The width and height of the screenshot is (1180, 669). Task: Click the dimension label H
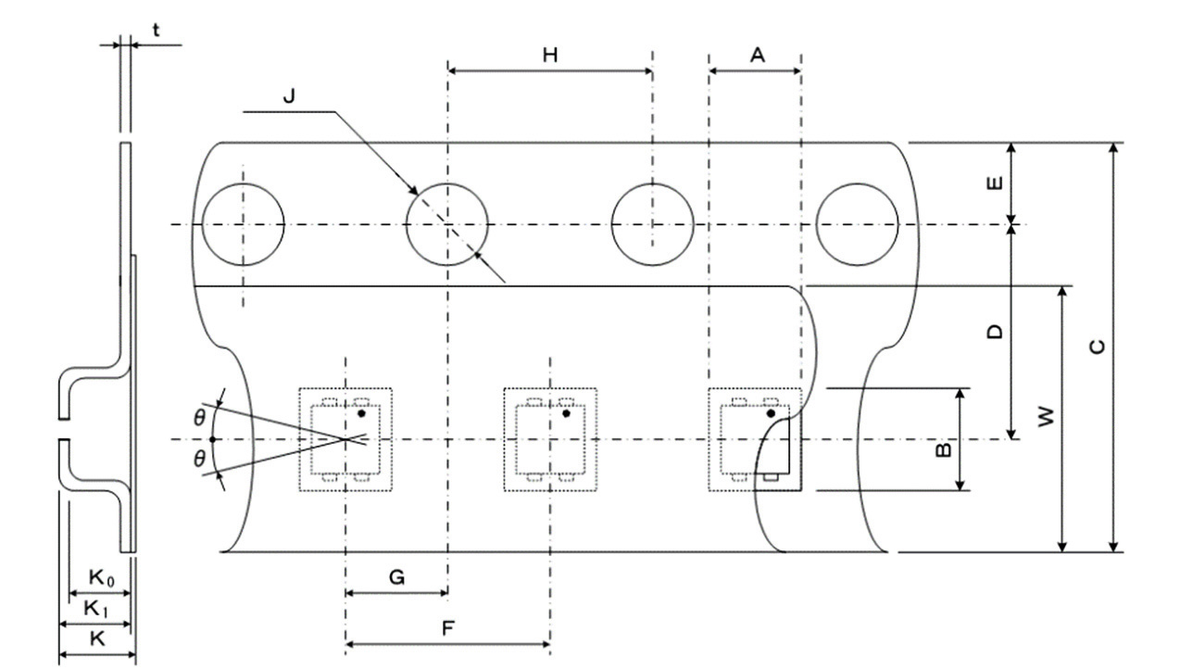click(x=550, y=56)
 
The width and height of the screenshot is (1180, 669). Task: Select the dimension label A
click(x=757, y=56)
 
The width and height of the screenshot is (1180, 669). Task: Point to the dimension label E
click(x=994, y=183)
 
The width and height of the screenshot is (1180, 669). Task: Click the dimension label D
click(x=994, y=331)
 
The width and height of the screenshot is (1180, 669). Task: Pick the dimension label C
click(x=1096, y=347)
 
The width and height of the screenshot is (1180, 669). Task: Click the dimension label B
click(x=942, y=449)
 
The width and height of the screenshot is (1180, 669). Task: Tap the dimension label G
click(x=396, y=577)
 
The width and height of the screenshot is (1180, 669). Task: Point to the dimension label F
click(x=447, y=628)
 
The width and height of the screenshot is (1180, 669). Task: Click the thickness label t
click(x=156, y=31)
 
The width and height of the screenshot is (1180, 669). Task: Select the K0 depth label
click(x=101, y=577)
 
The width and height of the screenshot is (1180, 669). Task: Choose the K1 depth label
click(x=96, y=608)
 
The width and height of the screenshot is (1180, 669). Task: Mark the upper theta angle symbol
click(x=199, y=418)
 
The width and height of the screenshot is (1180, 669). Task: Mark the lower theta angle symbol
click(x=199, y=459)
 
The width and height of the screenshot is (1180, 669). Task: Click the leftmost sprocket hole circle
click(x=243, y=224)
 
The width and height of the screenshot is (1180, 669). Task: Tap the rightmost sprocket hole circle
click(x=857, y=224)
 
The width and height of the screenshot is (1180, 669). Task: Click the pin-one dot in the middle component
click(x=566, y=413)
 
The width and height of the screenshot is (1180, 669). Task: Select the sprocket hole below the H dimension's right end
click(x=652, y=224)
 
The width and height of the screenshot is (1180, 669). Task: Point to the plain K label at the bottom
click(x=95, y=638)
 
